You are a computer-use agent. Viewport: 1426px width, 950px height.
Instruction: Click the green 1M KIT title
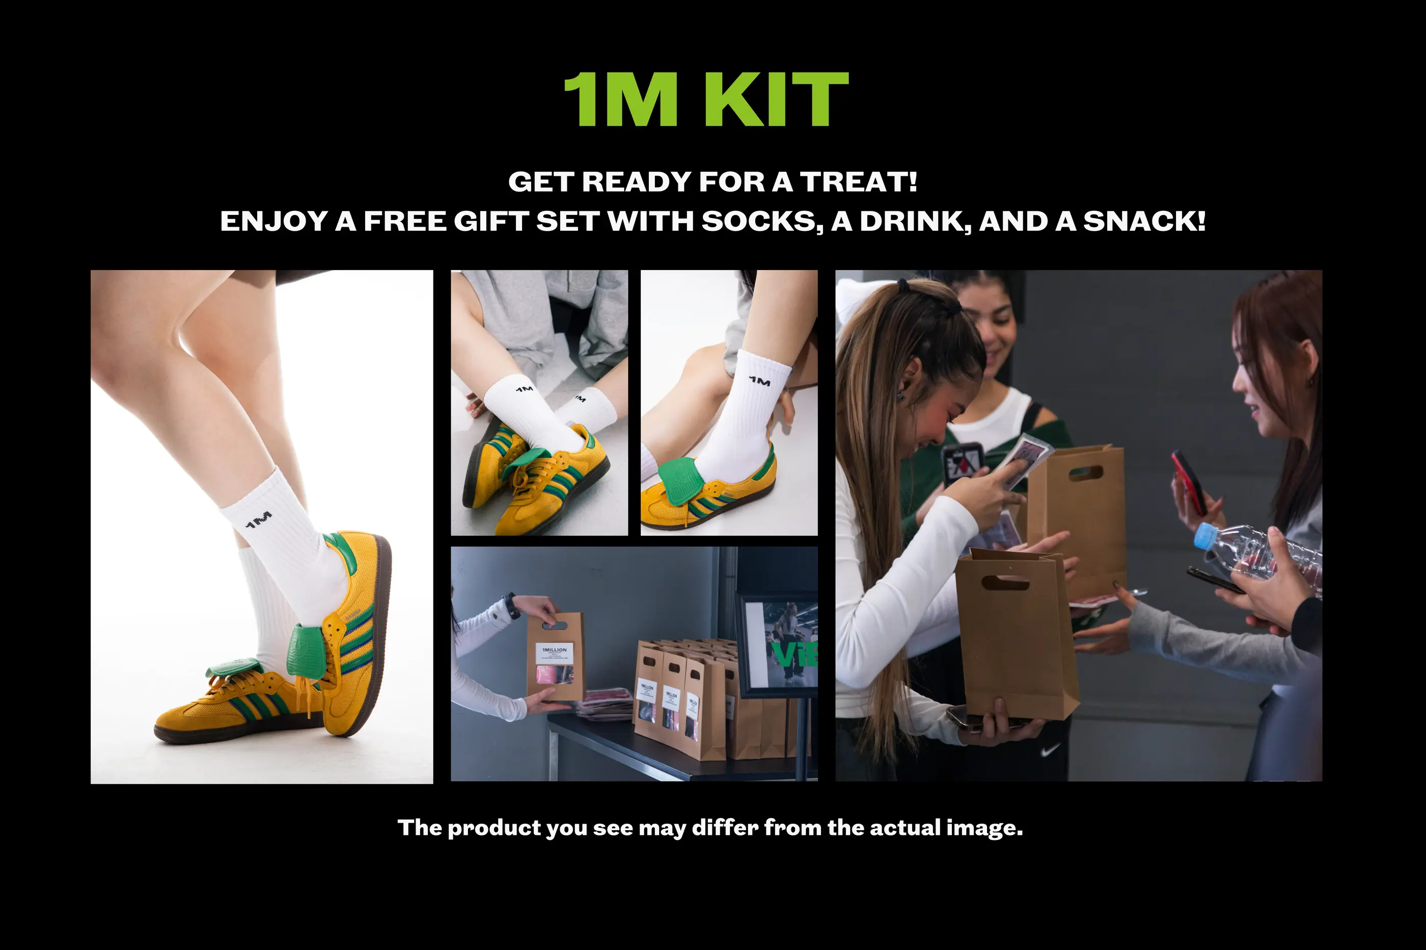[x=706, y=99]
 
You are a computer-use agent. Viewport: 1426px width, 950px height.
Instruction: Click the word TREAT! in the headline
[x=859, y=182]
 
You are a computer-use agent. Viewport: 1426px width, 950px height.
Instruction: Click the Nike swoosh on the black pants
[x=1050, y=751]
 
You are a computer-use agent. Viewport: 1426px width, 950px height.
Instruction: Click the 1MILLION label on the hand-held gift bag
[x=554, y=649]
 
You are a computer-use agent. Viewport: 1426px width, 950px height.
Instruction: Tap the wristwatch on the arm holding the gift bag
[x=513, y=606]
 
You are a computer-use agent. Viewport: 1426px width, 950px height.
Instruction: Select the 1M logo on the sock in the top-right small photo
[x=759, y=382]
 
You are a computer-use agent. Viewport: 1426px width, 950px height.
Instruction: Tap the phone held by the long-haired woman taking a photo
[x=963, y=464]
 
